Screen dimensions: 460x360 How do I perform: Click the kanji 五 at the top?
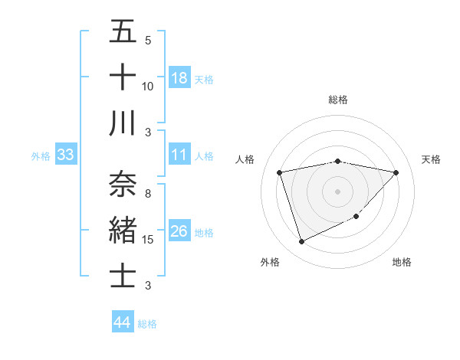point(123,32)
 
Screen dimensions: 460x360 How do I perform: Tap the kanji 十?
point(123,77)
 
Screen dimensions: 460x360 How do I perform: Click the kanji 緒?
point(123,230)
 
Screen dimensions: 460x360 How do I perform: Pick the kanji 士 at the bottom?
point(123,275)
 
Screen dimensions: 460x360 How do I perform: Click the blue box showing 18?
point(179,78)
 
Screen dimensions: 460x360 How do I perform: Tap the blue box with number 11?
point(179,155)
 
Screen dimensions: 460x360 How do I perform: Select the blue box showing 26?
point(179,231)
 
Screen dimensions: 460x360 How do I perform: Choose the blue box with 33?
point(66,155)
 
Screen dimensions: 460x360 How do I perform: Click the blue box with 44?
point(122,322)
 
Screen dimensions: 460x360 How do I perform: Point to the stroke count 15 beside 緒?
point(148,240)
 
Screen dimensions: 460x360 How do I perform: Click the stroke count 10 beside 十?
point(148,87)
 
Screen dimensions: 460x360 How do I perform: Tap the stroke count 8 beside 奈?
point(148,194)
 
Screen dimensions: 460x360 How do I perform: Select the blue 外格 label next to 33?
point(41,155)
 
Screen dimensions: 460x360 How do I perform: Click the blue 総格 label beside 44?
point(147,323)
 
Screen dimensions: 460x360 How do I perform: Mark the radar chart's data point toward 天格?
point(396,172)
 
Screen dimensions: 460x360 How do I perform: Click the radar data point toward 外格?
point(301,242)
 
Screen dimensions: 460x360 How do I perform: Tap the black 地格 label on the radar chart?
point(402,262)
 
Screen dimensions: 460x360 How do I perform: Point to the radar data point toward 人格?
point(280,172)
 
